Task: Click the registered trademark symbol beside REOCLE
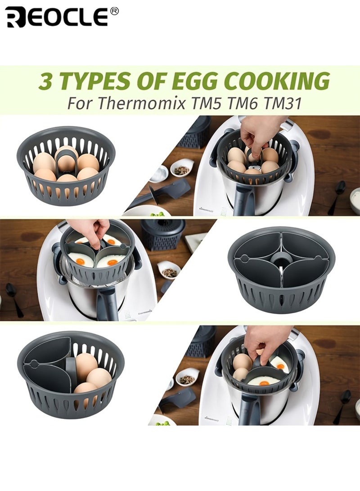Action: tap(114, 11)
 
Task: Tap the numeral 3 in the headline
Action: tap(45, 81)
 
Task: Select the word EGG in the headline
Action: tap(198, 81)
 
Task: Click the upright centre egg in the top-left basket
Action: tap(67, 158)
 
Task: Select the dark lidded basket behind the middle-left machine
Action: tap(162, 234)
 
